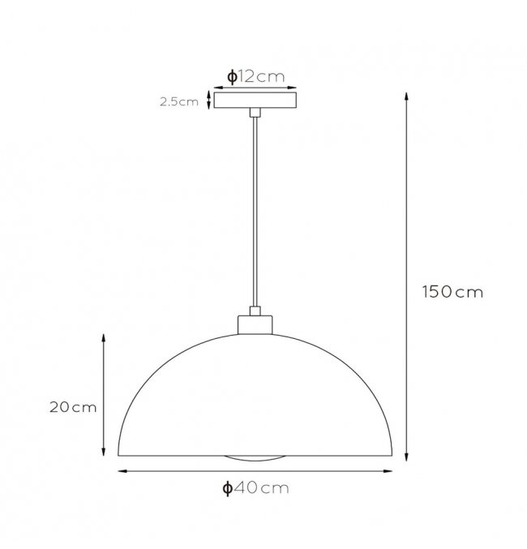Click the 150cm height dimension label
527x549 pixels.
(452, 292)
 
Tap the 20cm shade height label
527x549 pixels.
(73, 407)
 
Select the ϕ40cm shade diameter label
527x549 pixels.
(255, 487)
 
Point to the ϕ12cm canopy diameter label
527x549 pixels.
(255, 76)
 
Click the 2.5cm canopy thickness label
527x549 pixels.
(179, 101)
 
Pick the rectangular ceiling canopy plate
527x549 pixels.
(255, 100)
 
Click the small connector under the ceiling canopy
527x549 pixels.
(255, 113)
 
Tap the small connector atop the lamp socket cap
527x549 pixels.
(255, 311)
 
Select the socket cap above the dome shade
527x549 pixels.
(255, 325)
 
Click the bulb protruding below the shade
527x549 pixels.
(255, 458)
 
